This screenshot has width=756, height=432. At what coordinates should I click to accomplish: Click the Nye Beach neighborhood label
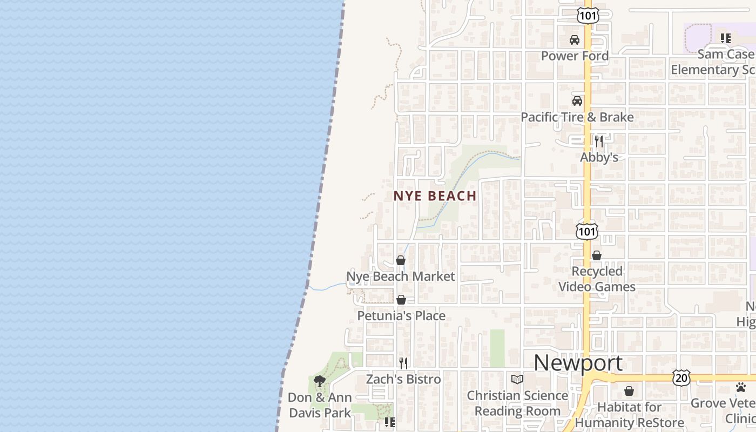click(x=435, y=195)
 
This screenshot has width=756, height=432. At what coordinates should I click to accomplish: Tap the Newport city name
click(x=578, y=363)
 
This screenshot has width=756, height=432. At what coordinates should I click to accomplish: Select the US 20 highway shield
click(x=681, y=377)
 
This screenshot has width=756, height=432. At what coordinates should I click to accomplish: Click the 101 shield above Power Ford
click(x=587, y=15)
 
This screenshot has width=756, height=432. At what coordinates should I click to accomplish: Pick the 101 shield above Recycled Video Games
click(x=586, y=231)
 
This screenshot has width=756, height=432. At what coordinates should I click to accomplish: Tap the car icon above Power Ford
click(x=575, y=40)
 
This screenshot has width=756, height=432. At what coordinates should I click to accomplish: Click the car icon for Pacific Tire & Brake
click(x=577, y=101)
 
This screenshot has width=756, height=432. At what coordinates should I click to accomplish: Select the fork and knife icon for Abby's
click(x=599, y=141)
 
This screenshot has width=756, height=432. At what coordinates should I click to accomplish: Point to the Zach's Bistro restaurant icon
click(x=403, y=363)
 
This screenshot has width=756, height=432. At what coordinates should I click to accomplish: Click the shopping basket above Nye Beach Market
click(x=401, y=260)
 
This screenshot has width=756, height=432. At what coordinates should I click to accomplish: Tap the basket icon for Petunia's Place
click(x=401, y=300)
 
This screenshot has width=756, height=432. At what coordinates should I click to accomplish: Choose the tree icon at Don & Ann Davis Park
click(x=320, y=381)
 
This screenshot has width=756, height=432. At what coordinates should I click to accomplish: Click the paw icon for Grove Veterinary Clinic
click(x=741, y=387)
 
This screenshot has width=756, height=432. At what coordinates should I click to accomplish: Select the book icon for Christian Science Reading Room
click(x=517, y=379)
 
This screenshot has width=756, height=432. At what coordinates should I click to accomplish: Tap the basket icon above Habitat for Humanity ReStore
click(x=629, y=390)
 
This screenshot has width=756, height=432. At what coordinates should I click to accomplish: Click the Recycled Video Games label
click(x=597, y=279)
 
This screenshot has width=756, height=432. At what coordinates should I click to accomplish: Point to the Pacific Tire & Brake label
click(x=577, y=117)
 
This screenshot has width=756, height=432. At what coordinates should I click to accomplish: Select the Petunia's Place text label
click(x=401, y=315)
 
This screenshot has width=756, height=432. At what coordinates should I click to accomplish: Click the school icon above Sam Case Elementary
click(x=725, y=38)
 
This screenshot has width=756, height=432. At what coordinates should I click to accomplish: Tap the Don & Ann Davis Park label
click(x=320, y=405)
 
